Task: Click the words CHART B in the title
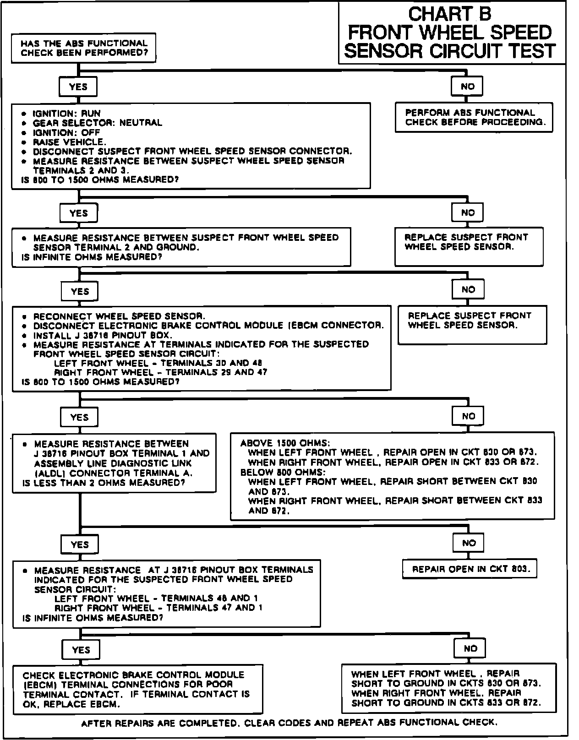click(450, 14)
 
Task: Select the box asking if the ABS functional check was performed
click(84, 48)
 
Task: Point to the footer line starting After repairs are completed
click(289, 723)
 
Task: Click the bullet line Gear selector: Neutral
click(97, 123)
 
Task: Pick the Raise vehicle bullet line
click(69, 142)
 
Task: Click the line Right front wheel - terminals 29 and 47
click(160, 373)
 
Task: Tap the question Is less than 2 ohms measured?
click(104, 483)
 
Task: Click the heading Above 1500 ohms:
click(285, 443)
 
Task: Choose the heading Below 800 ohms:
click(283, 472)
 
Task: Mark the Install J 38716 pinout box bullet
click(103, 335)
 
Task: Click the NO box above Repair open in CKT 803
click(469, 543)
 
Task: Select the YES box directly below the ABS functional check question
click(78, 87)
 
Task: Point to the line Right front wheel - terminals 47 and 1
click(158, 608)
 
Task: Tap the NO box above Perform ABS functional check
click(467, 87)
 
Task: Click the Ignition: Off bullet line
click(66, 133)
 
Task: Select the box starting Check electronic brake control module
click(137, 689)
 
